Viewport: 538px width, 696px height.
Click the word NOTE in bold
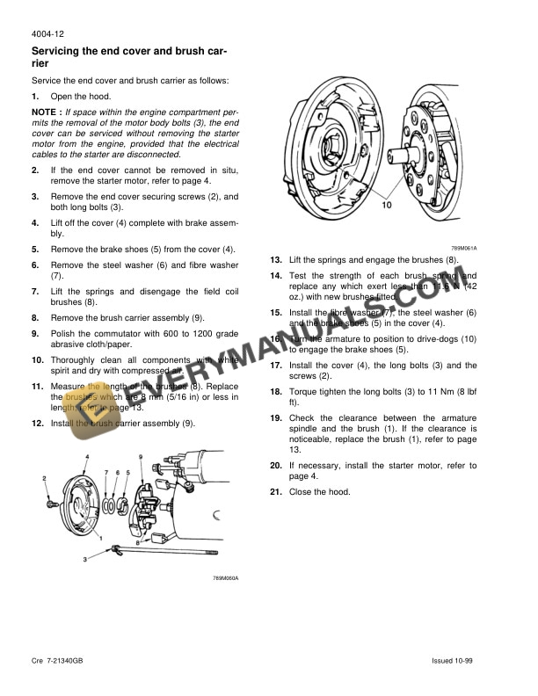(x=45, y=112)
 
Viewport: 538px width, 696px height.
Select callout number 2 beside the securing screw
(x=45, y=478)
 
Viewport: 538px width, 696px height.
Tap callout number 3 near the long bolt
(x=85, y=559)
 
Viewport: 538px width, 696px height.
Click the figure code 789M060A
(x=225, y=577)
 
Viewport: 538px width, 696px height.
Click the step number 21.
(x=275, y=491)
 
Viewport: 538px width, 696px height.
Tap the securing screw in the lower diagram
(x=53, y=505)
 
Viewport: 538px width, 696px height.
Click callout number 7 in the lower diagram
(x=106, y=473)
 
